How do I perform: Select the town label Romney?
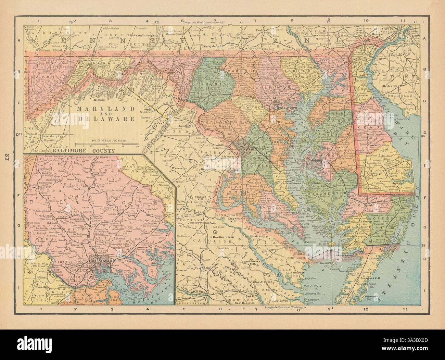click(98, 100)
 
